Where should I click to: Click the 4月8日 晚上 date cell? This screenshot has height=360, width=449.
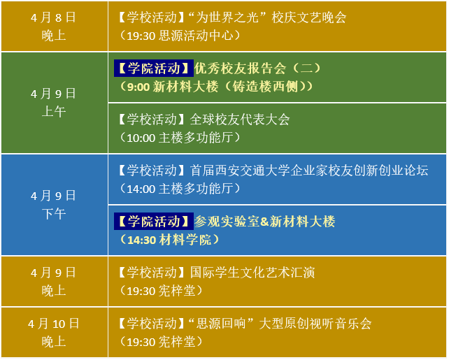tap(54, 26)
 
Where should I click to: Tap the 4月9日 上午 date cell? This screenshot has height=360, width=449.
tap(54, 102)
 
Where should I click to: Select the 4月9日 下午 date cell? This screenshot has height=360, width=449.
tap(54, 205)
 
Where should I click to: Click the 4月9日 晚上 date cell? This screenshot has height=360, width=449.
tap(54, 281)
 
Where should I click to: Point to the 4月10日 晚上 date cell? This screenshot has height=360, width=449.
tap(54, 332)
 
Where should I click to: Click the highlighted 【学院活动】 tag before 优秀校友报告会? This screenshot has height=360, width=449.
tap(154, 69)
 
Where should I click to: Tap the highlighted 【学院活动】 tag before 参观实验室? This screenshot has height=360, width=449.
tap(154, 222)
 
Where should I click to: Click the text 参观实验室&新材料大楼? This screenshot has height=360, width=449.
tap(265, 222)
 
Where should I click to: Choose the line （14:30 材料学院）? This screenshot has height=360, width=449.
tap(169, 240)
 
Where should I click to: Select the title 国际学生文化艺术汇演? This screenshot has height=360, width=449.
tap(252, 273)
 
